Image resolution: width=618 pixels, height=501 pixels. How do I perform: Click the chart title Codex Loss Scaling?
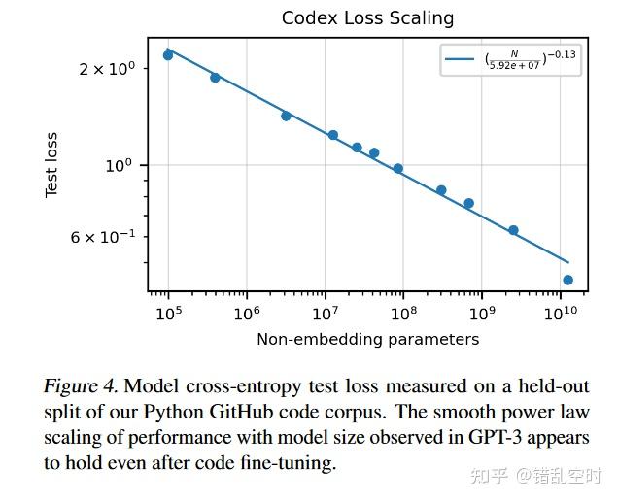tap(367, 18)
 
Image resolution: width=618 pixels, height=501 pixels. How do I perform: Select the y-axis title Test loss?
tap(52, 165)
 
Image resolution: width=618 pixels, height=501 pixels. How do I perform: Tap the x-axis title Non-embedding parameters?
tap(367, 339)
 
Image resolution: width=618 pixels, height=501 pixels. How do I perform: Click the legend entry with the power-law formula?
tap(511, 61)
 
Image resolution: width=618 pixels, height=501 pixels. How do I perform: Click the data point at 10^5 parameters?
tap(168, 55)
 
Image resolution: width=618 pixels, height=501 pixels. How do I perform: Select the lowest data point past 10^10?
tap(567, 280)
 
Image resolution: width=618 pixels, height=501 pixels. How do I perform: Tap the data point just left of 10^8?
tap(397, 168)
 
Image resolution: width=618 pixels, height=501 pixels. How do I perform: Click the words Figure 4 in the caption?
tap(81, 386)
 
